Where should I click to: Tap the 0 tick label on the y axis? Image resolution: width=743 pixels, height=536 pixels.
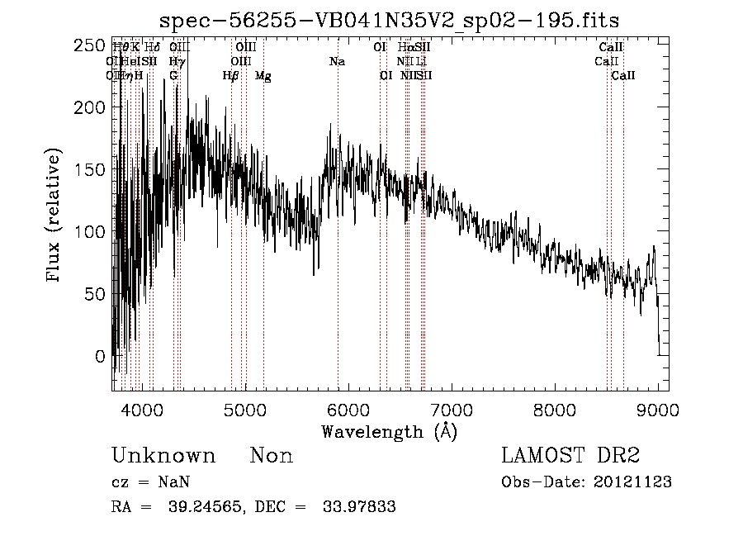point(99,356)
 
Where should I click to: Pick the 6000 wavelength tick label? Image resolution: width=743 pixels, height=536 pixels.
point(348,409)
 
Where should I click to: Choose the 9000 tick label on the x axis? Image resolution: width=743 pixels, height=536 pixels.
point(658,409)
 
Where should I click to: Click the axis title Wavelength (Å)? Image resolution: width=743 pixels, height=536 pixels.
point(389,431)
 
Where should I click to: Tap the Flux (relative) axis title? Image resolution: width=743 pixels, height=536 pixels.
point(55,217)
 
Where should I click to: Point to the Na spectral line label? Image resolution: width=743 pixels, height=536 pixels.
point(337,62)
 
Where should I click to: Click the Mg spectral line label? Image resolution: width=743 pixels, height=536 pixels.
point(263,76)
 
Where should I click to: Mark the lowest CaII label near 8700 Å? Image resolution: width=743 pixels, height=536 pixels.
point(623,75)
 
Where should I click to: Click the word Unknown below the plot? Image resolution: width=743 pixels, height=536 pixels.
point(163,456)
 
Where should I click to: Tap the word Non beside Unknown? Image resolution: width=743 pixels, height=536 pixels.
point(272,456)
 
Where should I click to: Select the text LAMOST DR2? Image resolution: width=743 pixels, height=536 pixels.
point(570,456)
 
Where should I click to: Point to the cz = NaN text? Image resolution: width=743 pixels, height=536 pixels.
point(152,482)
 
